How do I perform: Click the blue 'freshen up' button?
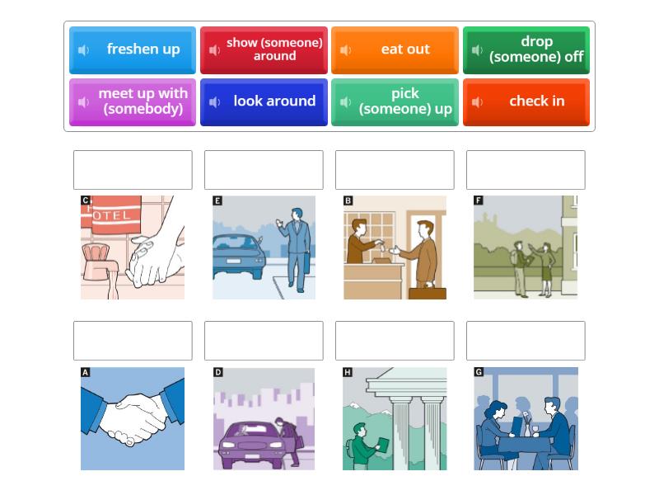pyautogui.click(x=133, y=50)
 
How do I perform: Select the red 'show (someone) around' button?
pyautogui.click(x=264, y=50)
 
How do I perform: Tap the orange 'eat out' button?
pyautogui.click(x=395, y=50)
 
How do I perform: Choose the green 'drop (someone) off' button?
pyautogui.click(x=526, y=50)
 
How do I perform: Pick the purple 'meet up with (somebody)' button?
pyautogui.click(x=133, y=102)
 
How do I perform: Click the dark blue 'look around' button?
pyautogui.click(x=264, y=102)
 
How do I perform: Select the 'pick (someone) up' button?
pyautogui.click(x=395, y=102)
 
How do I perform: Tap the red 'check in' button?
pyautogui.click(x=526, y=102)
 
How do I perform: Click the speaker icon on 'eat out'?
pyautogui.click(x=346, y=50)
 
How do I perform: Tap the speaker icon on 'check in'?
pyautogui.click(x=477, y=102)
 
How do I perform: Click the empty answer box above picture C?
pyautogui.click(x=133, y=170)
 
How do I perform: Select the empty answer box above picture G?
pyautogui.click(x=526, y=341)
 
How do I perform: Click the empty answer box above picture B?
pyautogui.click(x=395, y=170)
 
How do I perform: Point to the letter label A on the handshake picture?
pyautogui.click(x=85, y=372)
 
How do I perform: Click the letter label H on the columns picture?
pyautogui.click(x=348, y=372)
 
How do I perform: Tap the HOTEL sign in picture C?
pyautogui.click(x=110, y=216)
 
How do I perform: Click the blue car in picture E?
pyautogui.click(x=239, y=256)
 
